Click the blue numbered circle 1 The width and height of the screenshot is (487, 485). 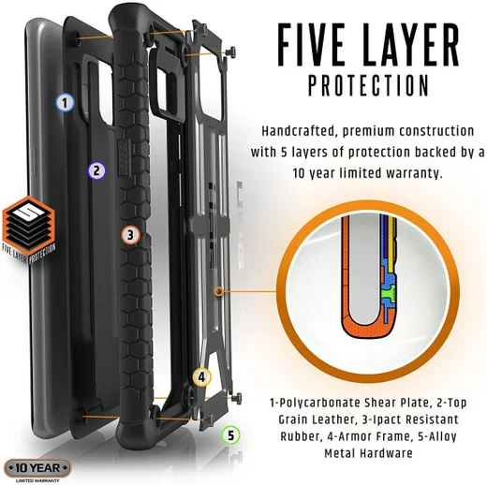[66, 103]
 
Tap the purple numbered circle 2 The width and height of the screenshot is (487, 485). [96, 170]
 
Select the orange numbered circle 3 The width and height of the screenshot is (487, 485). [130, 235]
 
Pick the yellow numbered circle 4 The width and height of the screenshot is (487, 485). [201, 376]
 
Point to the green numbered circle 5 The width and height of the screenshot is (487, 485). [230, 435]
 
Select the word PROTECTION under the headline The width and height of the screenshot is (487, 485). [369, 85]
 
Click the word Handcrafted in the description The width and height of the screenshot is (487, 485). [298, 131]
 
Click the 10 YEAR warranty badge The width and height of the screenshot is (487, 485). [37, 468]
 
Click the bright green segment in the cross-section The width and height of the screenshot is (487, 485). [389, 292]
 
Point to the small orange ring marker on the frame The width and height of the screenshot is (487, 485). [219, 291]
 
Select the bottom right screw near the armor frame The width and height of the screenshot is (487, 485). [236, 398]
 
